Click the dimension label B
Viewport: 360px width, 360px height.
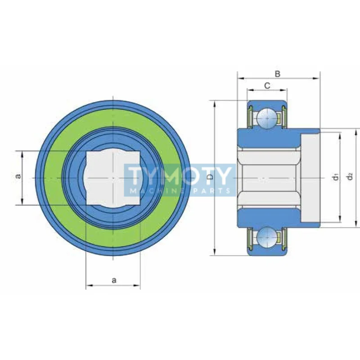coord(277,74)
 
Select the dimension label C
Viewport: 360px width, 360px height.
coord(267,85)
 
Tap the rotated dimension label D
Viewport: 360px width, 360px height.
coord(210,176)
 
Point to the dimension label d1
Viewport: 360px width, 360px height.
coord(336,177)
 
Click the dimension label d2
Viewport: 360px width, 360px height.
coord(350,177)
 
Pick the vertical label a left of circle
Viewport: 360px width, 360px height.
coord(18,176)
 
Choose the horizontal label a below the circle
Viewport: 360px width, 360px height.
coord(114,280)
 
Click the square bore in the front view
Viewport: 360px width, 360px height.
coord(113,178)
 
